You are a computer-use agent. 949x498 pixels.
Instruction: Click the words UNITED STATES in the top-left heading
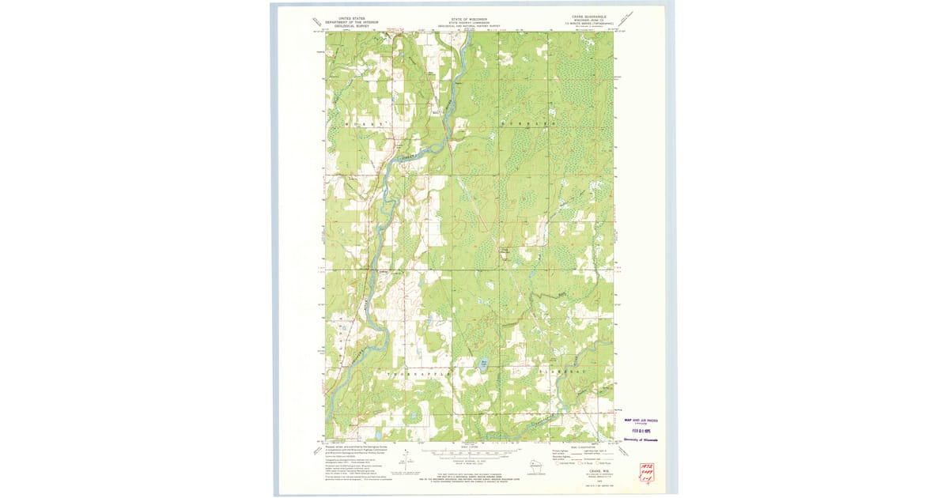[351, 17]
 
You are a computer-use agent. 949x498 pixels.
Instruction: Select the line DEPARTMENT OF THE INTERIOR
[351, 21]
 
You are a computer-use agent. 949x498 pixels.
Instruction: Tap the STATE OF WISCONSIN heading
[470, 17]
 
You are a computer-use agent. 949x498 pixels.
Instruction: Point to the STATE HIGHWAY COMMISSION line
[470, 21]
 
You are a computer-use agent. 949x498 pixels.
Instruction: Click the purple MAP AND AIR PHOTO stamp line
[641, 421]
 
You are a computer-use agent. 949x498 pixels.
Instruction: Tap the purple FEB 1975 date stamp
[641, 431]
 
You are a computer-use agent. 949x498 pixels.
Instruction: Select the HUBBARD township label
[526, 124]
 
